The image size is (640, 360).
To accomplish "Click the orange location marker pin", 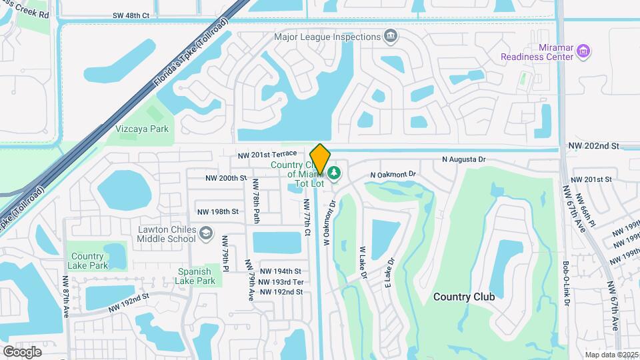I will (x=320, y=159).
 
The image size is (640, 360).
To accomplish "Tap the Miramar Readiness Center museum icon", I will (x=584, y=51).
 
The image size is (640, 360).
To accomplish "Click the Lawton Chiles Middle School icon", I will (x=207, y=233).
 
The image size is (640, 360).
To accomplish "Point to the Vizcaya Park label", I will (x=142, y=129).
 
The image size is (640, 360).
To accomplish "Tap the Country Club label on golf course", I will (x=464, y=296).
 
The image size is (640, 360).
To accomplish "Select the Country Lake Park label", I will (x=87, y=261).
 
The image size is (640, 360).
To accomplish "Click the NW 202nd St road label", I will (x=594, y=145).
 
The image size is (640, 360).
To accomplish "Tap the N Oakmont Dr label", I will (x=393, y=175).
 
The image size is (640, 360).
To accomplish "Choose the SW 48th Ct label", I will (x=131, y=15).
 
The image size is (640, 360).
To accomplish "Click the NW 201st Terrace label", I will (x=268, y=155).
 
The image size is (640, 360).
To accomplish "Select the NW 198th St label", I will (x=217, y=212).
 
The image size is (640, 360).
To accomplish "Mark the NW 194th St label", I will (x=281, y=271).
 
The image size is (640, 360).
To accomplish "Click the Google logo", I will (x=22, y=351).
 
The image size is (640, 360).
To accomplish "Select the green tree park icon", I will (x=334, y=173).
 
